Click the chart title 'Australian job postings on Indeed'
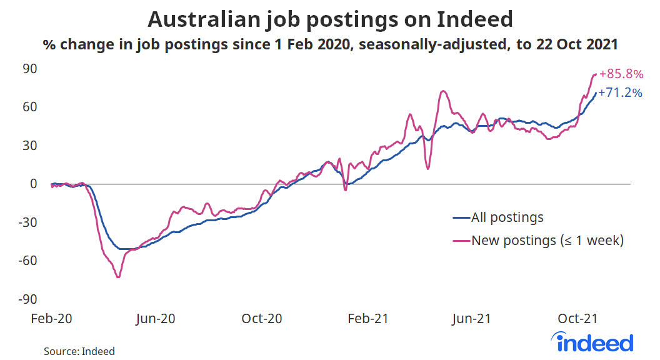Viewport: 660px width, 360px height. pyautogui.click(x=330, y=19)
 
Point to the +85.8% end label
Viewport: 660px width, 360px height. pyautogui.click(x=621, y=74)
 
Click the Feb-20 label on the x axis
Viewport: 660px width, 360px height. pyautogui.click(x=52, y=319)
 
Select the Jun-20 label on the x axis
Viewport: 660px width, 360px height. pyautogui.click(x=156, y=319)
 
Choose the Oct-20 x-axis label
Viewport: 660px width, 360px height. pyautogui.click(x=261, y=319)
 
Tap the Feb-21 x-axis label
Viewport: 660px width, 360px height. pyautogui.click(x=367, y=319)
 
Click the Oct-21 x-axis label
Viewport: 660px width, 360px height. pyautogui.click(x=577, y=319)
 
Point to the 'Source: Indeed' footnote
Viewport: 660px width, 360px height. pyautogui.click(x=79, y=351)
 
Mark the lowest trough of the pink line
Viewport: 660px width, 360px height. pyautogui.click(x=118, y=277)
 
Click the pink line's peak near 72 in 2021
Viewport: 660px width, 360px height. pyautogui.click(x=442, y=91)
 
